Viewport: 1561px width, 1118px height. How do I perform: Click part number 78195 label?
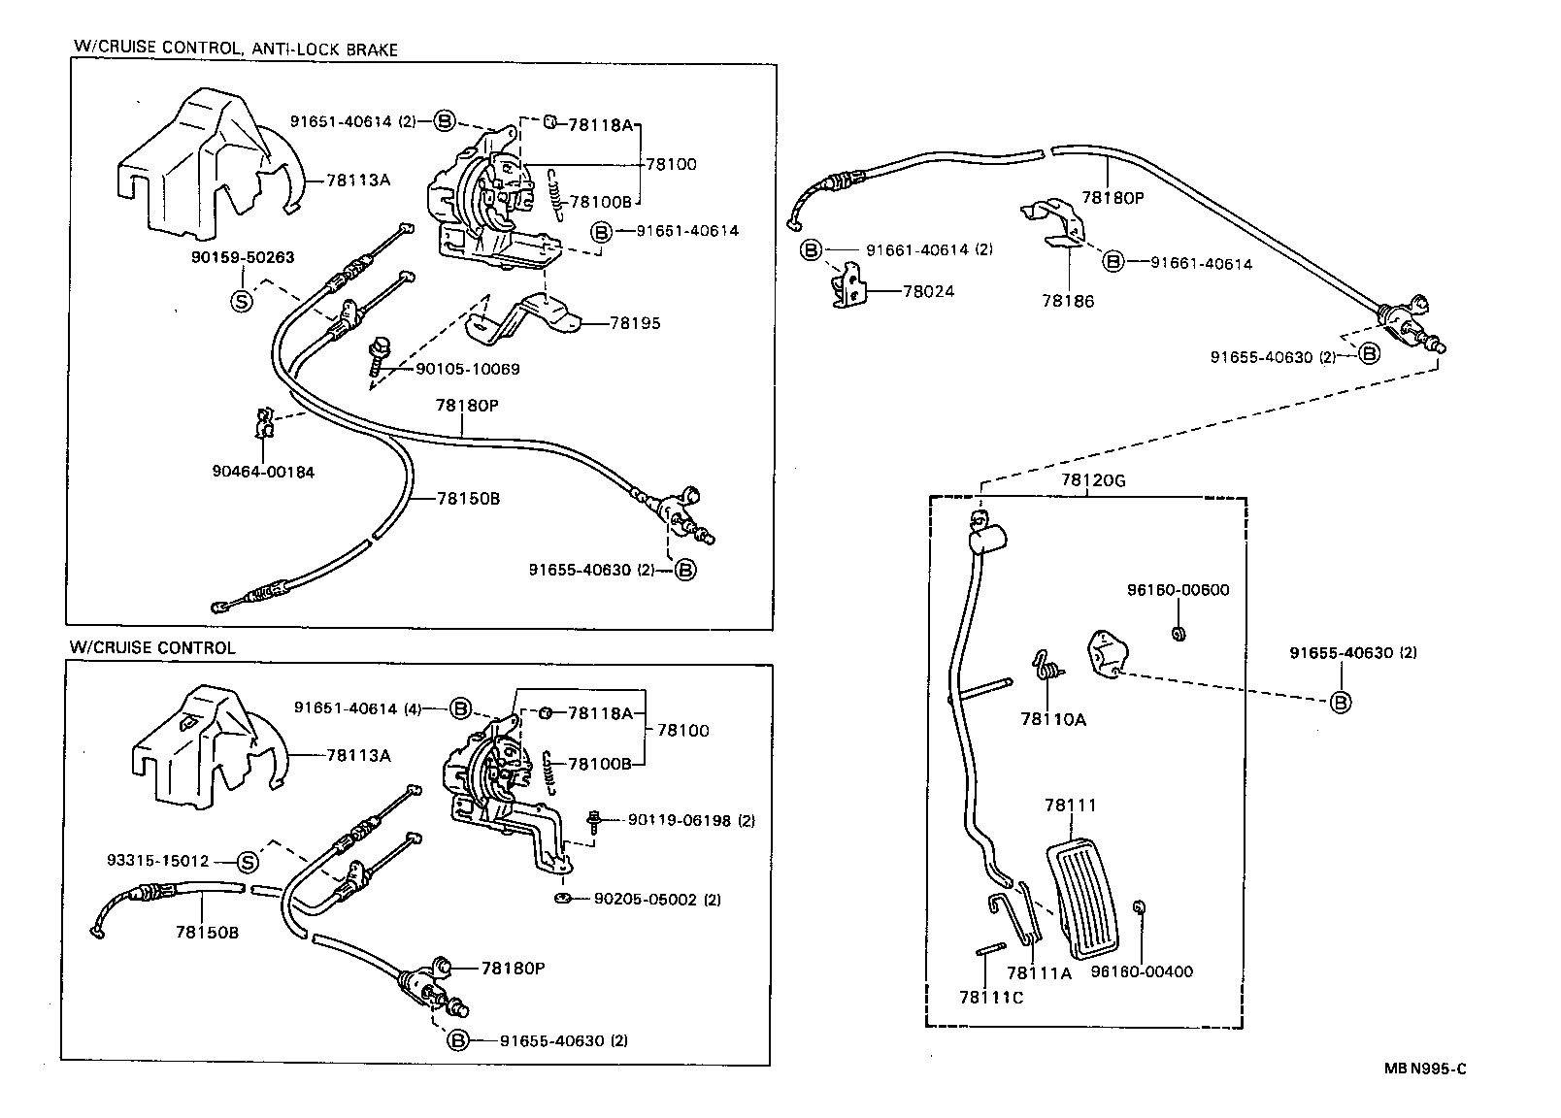pos(634,323)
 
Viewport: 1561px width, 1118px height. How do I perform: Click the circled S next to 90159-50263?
pos(241,301)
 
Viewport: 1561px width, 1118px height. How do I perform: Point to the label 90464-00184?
pos(263,472)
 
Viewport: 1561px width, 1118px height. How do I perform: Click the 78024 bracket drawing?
pos(850,289)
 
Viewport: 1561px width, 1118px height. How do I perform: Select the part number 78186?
pos(1068,301)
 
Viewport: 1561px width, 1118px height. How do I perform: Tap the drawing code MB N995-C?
pos(1424,1069)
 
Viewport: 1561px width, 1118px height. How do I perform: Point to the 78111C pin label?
pos(990,997)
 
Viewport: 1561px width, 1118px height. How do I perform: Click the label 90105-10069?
pos(468,369)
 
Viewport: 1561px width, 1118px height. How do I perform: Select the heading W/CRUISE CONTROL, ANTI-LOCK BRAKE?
pos(236,49)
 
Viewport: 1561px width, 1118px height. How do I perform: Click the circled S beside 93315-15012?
pos(248,862)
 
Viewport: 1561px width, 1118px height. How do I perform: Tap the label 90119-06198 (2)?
pos(690,820)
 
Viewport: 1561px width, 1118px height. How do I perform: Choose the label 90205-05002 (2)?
pos(657,899)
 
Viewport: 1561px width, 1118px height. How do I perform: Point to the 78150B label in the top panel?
pos(469,498)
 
